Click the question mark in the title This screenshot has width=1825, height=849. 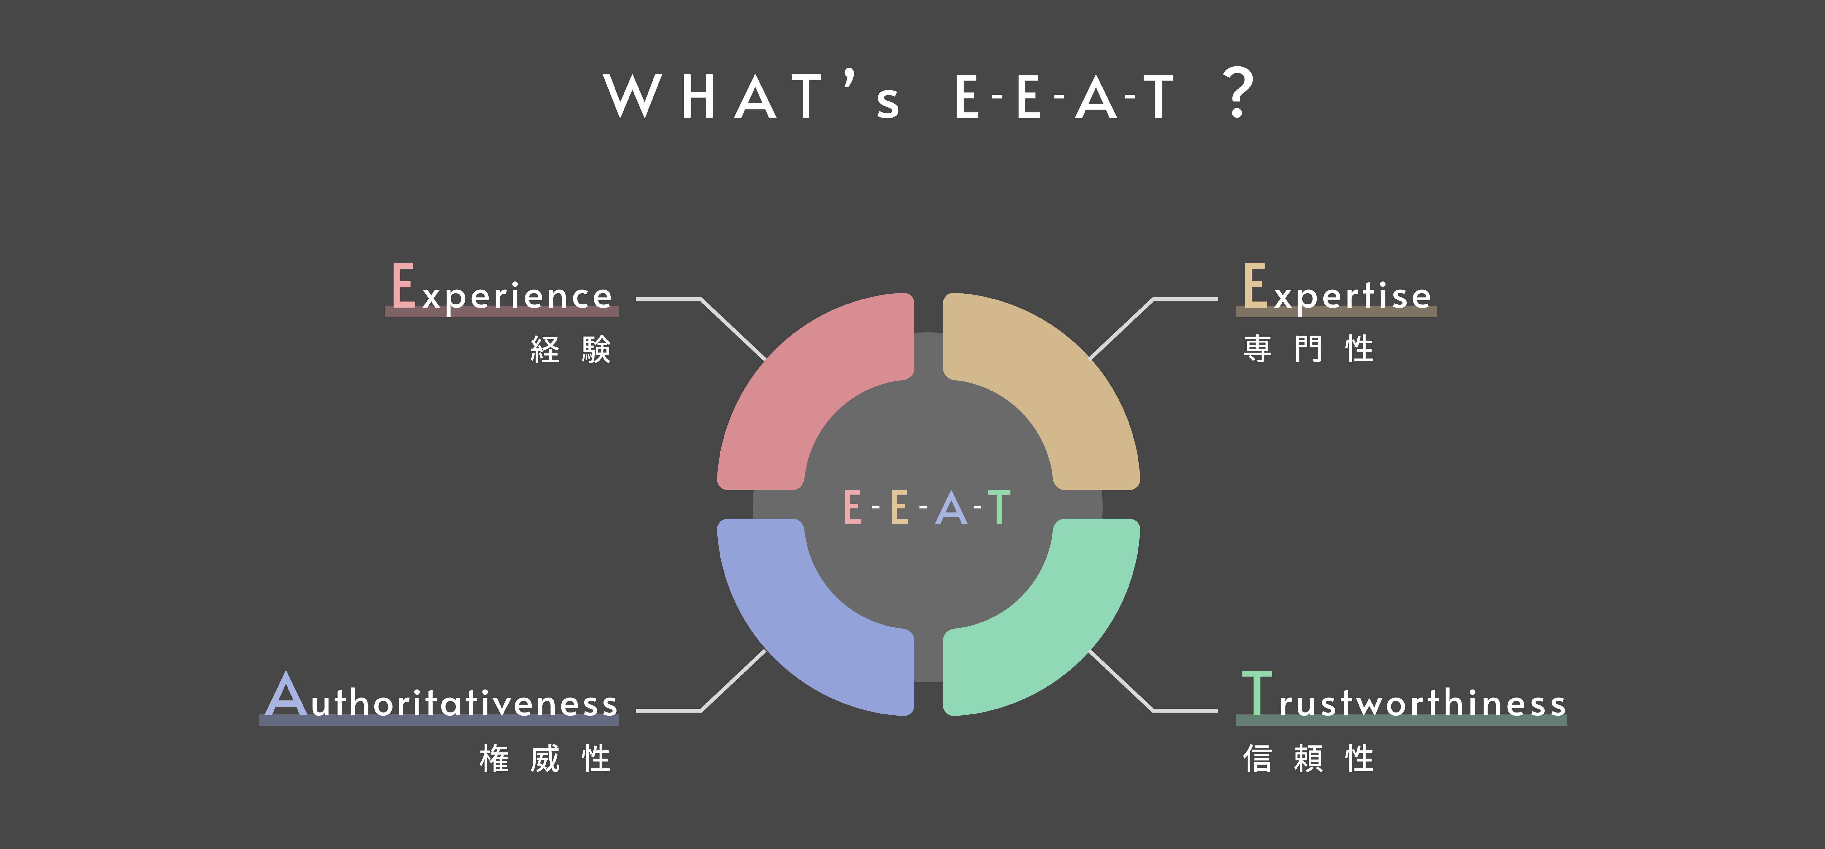tap(1238, 93)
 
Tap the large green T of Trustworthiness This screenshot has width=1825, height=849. tap(1257, 693)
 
